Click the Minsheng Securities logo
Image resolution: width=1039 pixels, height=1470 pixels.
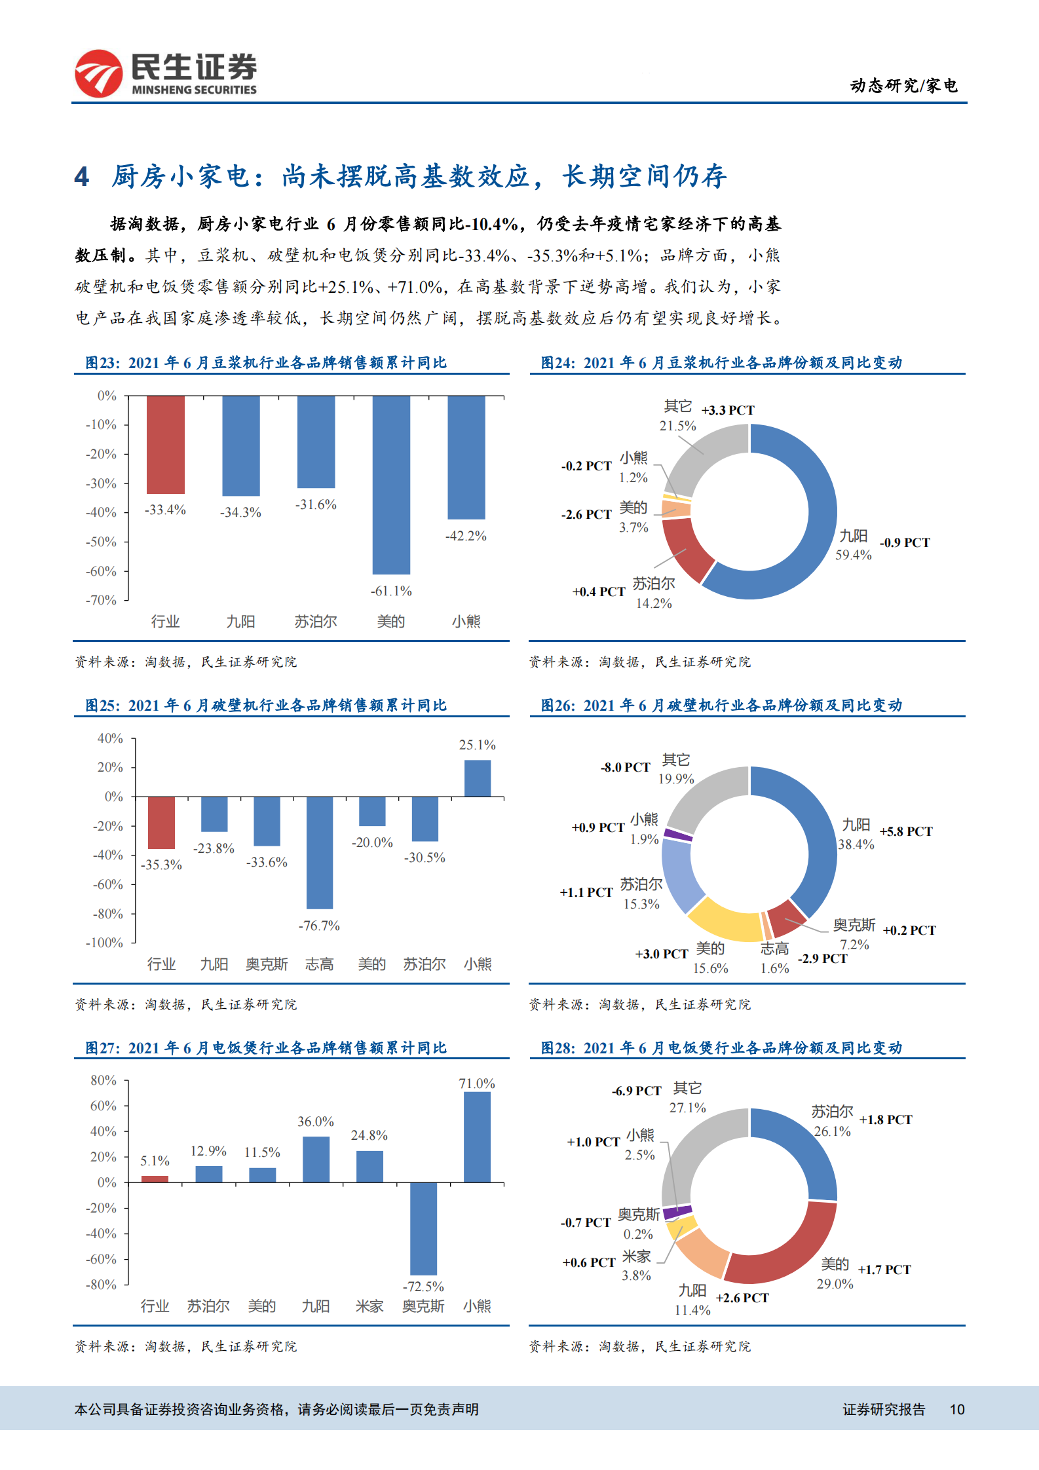[x=165, y=73]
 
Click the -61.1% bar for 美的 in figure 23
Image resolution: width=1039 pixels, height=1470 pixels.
[x=391, y=485]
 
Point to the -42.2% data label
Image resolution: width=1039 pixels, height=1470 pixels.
[x=466, y=536]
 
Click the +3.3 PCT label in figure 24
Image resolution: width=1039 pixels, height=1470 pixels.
[x=728, y=410]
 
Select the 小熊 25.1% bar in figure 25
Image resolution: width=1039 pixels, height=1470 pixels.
[x=477, y=778]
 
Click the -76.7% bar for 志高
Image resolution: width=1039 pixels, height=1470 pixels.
[x=320, y=852]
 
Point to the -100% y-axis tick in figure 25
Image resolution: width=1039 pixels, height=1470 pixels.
[x=105, y=943]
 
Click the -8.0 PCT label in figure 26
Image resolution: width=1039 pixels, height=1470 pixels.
[x=626, y=767]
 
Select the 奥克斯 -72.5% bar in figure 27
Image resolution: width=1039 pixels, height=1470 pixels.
[x=423, y=1228]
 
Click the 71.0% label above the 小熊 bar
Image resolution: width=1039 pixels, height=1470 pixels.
[x=477, y=1084]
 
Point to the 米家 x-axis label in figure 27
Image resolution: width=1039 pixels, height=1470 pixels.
[x=369, y=1306]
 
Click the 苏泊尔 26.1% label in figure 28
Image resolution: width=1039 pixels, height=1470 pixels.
[x=832, y=1121]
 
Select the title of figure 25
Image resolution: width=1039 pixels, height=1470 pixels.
[x=266, y=706]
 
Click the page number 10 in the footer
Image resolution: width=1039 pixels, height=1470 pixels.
[x=957, y=1410]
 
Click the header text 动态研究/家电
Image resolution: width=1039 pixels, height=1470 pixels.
[x=903, y=86]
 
